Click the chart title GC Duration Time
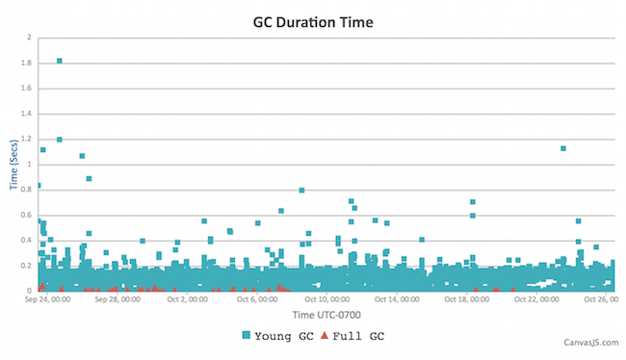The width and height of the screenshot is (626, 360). [x=313, y=20]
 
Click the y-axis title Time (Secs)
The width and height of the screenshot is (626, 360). [x=14, y=165]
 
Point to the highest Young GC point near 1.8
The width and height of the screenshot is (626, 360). [x=60, y=61]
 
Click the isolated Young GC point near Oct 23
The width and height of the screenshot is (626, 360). [x=562, y=148]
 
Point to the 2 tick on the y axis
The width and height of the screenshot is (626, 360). [x=29, y=38]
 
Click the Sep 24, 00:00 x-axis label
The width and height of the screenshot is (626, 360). [x=45, y=299]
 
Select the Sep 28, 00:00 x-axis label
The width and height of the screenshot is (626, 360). [x=117, y=299]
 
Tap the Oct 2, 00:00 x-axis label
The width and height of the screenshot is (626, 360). [x=188, y=299]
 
